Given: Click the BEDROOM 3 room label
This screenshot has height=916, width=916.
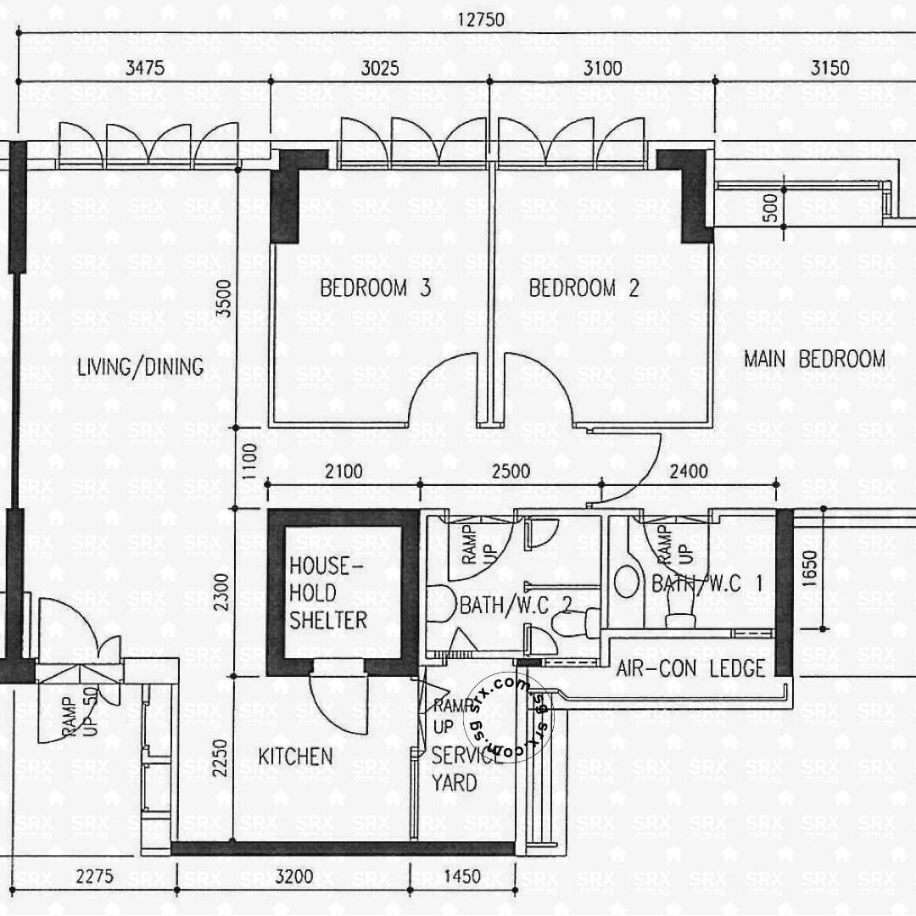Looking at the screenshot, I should point(375,288).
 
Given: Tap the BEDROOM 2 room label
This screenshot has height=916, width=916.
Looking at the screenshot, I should point(584,288).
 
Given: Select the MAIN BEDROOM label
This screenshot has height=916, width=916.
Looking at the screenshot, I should point(814,359).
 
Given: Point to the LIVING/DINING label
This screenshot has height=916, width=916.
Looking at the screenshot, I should point(140,367).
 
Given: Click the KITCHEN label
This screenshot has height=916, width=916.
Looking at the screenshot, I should point(295,757).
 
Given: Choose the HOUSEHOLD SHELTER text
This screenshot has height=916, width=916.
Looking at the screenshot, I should point(328,593).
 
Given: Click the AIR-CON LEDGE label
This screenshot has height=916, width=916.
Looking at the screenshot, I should point(691,668).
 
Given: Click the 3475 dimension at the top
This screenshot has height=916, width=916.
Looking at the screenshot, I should point(145,69).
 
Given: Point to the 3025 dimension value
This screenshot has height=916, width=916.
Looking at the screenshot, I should point(379,69).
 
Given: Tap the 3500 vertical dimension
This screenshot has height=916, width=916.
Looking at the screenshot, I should point(223,298).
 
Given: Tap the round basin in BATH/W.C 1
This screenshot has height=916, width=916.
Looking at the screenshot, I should point(627,583).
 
